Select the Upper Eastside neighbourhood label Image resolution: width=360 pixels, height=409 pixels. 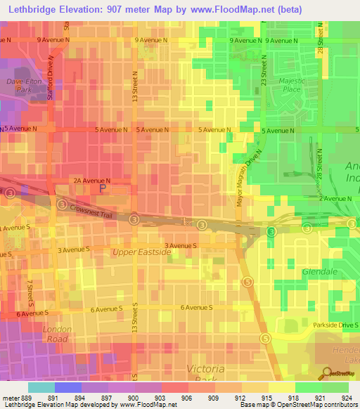point(141,251)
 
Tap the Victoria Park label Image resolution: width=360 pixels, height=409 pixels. point(205,374)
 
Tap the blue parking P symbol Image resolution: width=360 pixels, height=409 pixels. point(103,188)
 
